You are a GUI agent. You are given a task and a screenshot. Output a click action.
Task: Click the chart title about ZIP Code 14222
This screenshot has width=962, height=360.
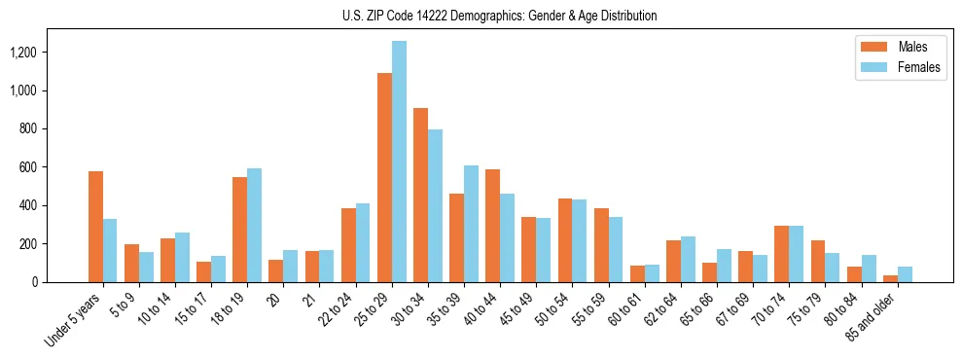[499, 16]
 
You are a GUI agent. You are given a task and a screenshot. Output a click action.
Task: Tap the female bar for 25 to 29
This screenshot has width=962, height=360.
[399, 162]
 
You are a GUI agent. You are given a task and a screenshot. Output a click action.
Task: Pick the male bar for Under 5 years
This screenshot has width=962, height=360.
[95, 227]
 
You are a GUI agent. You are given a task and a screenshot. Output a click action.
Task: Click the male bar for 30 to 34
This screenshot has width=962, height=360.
[420, 195]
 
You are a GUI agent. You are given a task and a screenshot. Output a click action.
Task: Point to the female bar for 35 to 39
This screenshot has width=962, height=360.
[471, 224]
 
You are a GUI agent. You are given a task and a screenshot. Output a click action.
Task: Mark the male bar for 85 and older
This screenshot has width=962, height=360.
[890, 278]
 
